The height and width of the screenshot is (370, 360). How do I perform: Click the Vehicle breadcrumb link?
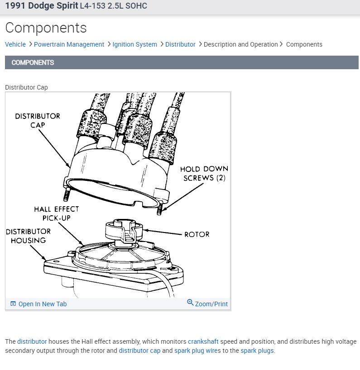(15, 44)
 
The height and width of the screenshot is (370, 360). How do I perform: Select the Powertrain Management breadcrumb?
(69, 44)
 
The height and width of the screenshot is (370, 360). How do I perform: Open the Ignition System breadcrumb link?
(134, 44)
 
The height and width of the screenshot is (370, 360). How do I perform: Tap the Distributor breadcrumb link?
(180, 44)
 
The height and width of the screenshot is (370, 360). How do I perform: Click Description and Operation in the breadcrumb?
(240, 44)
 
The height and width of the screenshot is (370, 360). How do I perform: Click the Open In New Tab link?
(42, 304)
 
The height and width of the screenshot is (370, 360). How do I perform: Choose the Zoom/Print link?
(211, 304)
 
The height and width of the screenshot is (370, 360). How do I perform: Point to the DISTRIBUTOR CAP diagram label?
(38, 120)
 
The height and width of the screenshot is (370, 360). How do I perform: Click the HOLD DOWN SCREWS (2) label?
(204, 173)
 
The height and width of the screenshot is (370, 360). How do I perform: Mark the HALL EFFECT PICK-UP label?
(56, 213)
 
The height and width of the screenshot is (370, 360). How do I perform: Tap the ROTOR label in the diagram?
(197, 234)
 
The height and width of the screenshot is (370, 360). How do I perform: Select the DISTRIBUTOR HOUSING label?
(28, 236)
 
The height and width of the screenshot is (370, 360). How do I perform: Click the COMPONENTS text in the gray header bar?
(33, 62)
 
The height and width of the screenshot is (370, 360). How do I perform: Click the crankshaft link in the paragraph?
(203, 342)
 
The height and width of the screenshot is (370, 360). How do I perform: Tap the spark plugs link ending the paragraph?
(257, 351)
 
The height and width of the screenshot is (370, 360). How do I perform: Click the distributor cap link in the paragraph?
(139, 351)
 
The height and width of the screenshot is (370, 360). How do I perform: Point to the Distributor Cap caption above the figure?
(26, 87)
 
